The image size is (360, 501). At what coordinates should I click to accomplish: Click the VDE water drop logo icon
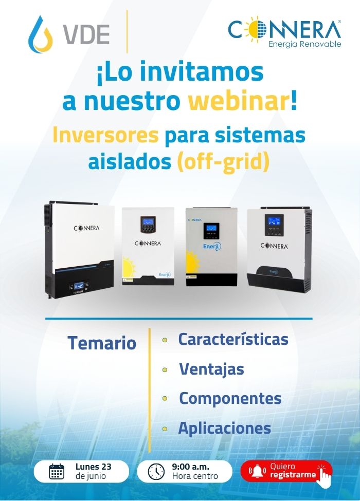[40, 34]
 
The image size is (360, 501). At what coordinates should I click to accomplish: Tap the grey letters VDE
[86, 34]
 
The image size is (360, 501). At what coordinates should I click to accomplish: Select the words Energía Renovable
[304, 44]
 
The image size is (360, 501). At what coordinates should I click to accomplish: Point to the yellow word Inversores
[105, 136]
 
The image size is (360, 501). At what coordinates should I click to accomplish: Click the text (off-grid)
[223, 162]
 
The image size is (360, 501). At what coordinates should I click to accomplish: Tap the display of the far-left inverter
[79, 285]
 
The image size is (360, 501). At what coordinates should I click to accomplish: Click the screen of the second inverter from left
[148, 221]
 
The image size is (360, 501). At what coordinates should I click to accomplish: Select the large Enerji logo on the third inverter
[212, 247]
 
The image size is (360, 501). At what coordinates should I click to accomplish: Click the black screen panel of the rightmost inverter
[274, 225]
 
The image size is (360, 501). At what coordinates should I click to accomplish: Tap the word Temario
[102, 343]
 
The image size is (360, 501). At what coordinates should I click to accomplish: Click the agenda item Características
[233, 339]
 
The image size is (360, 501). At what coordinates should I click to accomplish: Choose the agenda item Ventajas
[211, 369]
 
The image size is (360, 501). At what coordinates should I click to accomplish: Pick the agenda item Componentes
[230, 399]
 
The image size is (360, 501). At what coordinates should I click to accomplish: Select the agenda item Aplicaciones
[224, 428]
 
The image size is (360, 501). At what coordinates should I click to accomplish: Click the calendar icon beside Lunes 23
[57, 472]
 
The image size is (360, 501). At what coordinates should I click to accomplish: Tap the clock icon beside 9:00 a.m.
[156, 472]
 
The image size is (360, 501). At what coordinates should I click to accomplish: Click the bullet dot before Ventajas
[165, 370]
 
